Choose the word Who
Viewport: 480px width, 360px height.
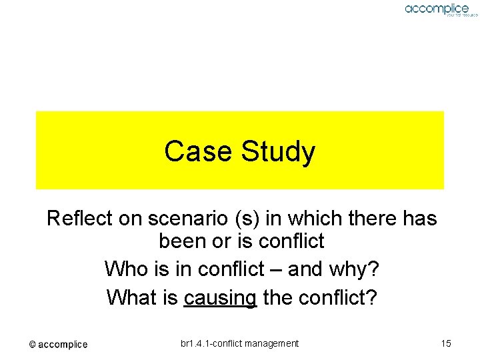coord(127,269)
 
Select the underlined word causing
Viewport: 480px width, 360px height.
coord(220,297)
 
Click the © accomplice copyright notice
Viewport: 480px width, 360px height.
coord(58,345)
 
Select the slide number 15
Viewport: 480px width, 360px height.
coord(446,343)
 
